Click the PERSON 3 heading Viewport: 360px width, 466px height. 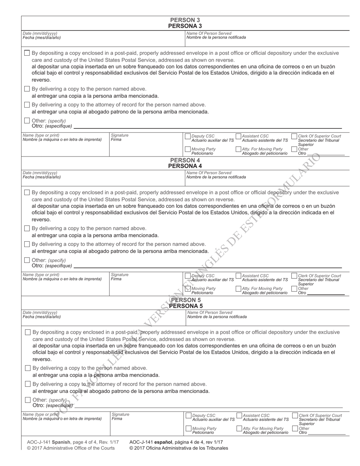point(185,20)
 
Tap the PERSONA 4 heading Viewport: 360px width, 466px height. point(185,166)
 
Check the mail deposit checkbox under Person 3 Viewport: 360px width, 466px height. point(27,53)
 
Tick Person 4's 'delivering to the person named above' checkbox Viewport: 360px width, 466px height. point(27,228)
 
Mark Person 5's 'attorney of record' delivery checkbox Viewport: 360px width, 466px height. point(28,384)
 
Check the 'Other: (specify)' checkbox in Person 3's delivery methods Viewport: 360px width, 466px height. point(27,121)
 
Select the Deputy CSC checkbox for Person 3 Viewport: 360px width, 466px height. point(188,136)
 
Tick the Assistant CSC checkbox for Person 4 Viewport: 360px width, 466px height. point(238,276)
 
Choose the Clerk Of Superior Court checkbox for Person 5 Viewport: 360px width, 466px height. point(295,416)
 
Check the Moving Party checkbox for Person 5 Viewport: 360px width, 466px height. point(189,428)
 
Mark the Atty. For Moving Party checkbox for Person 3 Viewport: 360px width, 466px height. point(238,149)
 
